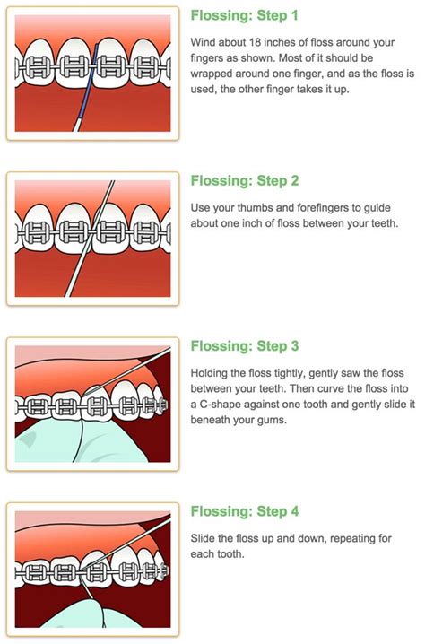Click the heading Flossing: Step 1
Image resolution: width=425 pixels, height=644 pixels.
[245, 15]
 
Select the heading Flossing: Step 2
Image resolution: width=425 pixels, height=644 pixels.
[245, 181]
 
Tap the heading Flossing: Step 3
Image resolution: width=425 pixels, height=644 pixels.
[245, 346]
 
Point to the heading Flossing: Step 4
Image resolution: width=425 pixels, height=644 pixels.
[245, 512]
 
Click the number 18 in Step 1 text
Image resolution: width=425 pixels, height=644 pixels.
[257, 42]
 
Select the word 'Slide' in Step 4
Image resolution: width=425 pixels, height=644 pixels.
[205, 538]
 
